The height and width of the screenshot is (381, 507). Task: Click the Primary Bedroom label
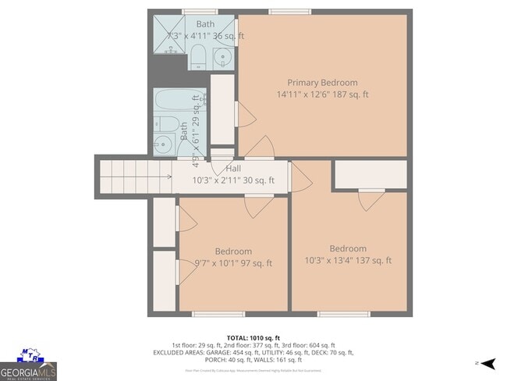coord(322,83)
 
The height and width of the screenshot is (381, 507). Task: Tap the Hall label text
coord(233,169)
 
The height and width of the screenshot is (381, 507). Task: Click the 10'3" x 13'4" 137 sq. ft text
coord(348,261)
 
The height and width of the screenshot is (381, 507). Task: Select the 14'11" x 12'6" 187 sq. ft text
coord(322,94)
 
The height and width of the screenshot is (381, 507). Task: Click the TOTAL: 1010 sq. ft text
coord(253,336)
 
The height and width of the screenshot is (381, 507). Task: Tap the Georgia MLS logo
coord(28,365)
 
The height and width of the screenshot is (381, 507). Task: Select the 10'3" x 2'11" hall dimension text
coord(233,180)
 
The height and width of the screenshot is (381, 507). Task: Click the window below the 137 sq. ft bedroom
coord(343,314)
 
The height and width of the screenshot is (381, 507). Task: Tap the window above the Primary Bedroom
coord(280,11)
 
